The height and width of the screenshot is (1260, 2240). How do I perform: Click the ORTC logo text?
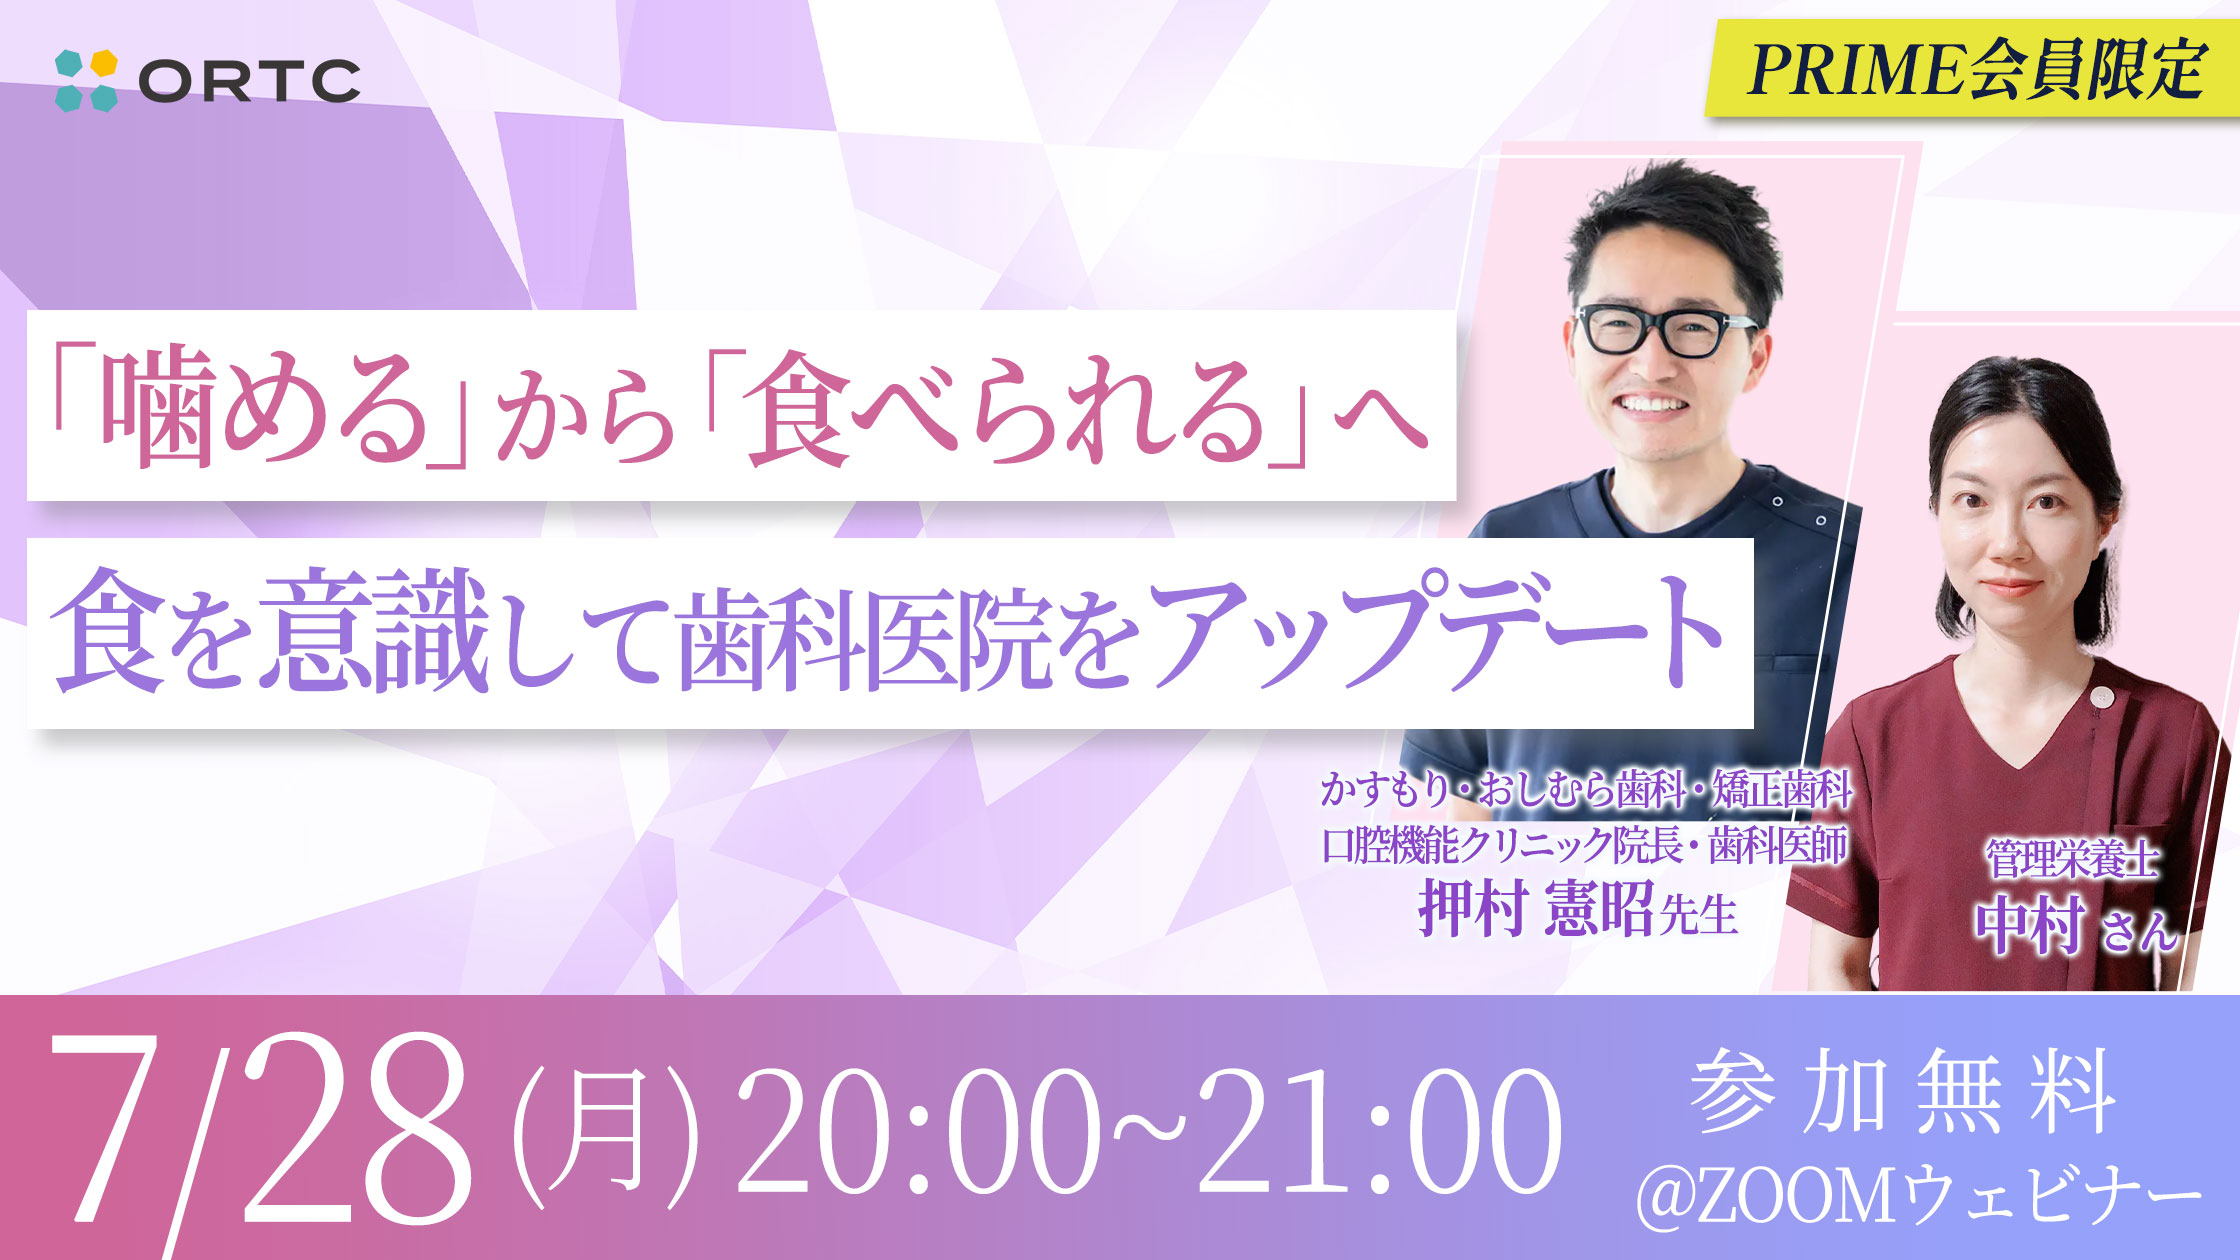pyautogui.click(x=249, y=81)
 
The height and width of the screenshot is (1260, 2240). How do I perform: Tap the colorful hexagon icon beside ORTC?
pyautogui.click(x=86, y=80)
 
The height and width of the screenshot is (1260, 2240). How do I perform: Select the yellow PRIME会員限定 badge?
pyautogui.click(x=1971, y=68)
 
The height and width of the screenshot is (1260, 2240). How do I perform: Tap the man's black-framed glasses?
pyautogui.click(x=1663, y=330)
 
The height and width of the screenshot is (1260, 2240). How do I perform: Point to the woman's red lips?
pyautogui.click(x=2010, y=586)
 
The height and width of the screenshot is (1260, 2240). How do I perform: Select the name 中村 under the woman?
pyautogui.click(x=2030, y=925)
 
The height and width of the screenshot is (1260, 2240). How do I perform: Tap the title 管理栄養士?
pyautogui.click(x=2072, y=860)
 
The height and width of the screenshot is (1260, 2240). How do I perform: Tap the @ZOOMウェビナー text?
pyautogui.click(x=1920, y=1196)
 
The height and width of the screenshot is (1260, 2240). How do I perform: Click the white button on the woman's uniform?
pyautogui.click(x=2099, y=696)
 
